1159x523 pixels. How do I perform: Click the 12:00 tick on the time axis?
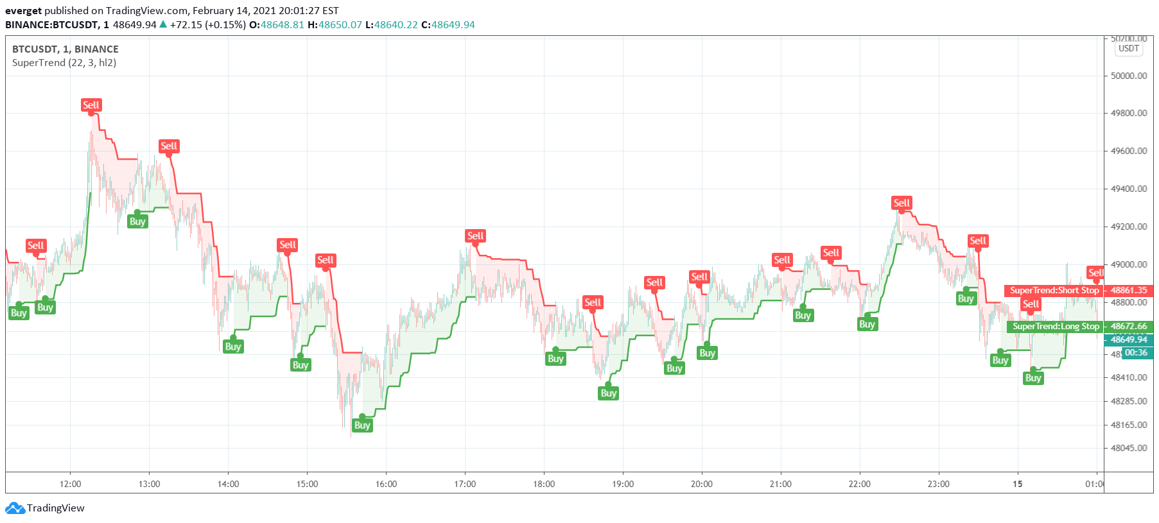[x=71, y=484]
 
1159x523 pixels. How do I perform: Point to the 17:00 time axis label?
[x=465, y=484]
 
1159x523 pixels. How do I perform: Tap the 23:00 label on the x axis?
[x=938, y=484]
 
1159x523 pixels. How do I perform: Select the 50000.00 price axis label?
[x=1129, y=76]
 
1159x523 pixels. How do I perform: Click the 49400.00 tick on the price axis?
[x=1129, y=189]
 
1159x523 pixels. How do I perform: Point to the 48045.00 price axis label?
[x=1129, y=448]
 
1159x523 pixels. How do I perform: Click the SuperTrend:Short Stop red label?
[x=1054, y=291]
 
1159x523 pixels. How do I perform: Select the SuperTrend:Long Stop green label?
[x=1055, y=327]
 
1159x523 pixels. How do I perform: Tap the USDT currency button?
[x=1128, y=49]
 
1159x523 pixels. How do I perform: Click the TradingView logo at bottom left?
[x=45, y=508]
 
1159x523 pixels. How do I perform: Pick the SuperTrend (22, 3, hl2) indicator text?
[x=64, y=63]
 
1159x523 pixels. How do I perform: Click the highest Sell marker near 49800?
[x=91, y=105]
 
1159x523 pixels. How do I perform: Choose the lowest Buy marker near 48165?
[x=362, y=425]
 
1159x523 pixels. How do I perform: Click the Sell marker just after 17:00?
[x=475, y=236]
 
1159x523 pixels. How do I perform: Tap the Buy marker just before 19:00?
[x=608, y=393]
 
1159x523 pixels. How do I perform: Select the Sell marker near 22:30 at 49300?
[x=902, y=203]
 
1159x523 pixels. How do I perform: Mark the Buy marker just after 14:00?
[x=233, y=347]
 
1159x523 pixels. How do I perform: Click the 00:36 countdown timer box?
[x=1135, y=353]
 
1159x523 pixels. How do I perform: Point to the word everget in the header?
[x=23, y=11]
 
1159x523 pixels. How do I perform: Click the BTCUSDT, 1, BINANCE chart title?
[x=65, y=49]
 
